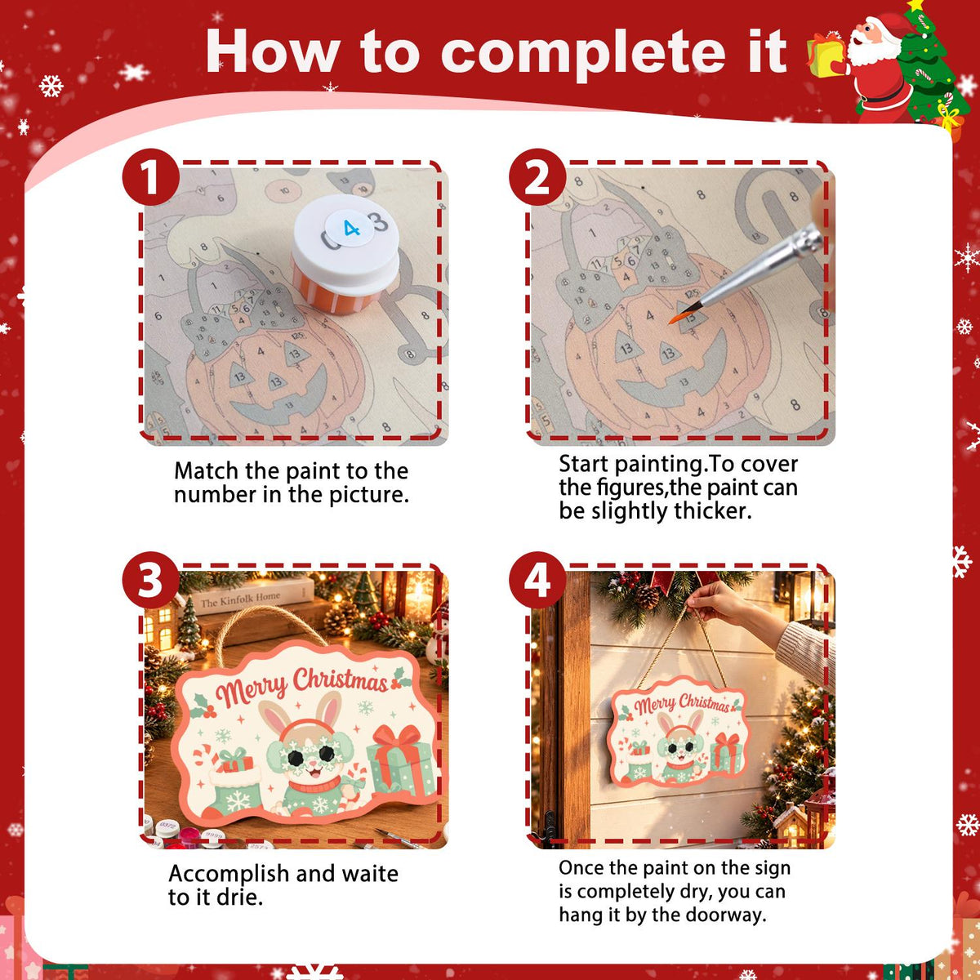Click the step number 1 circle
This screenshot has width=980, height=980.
click(150, 177)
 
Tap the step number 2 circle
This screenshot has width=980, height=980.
click(537, 177)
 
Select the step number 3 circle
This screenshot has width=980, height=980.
click(150, 580)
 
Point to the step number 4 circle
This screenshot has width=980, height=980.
click(537, 580)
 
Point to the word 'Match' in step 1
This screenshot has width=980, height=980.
click(206, 471)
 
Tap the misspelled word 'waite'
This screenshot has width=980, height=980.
click(370, 874)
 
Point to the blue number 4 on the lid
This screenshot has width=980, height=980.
click(351, 229)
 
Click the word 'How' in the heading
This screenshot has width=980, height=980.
click(273, 52)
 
